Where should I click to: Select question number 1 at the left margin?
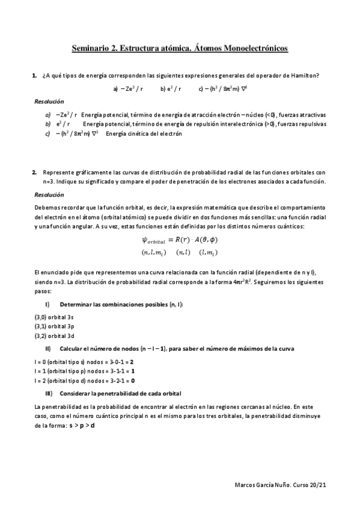[34, 75]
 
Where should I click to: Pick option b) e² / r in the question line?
[171, 88]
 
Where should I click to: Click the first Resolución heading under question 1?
[49, 102]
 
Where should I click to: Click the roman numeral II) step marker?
[48, 349]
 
